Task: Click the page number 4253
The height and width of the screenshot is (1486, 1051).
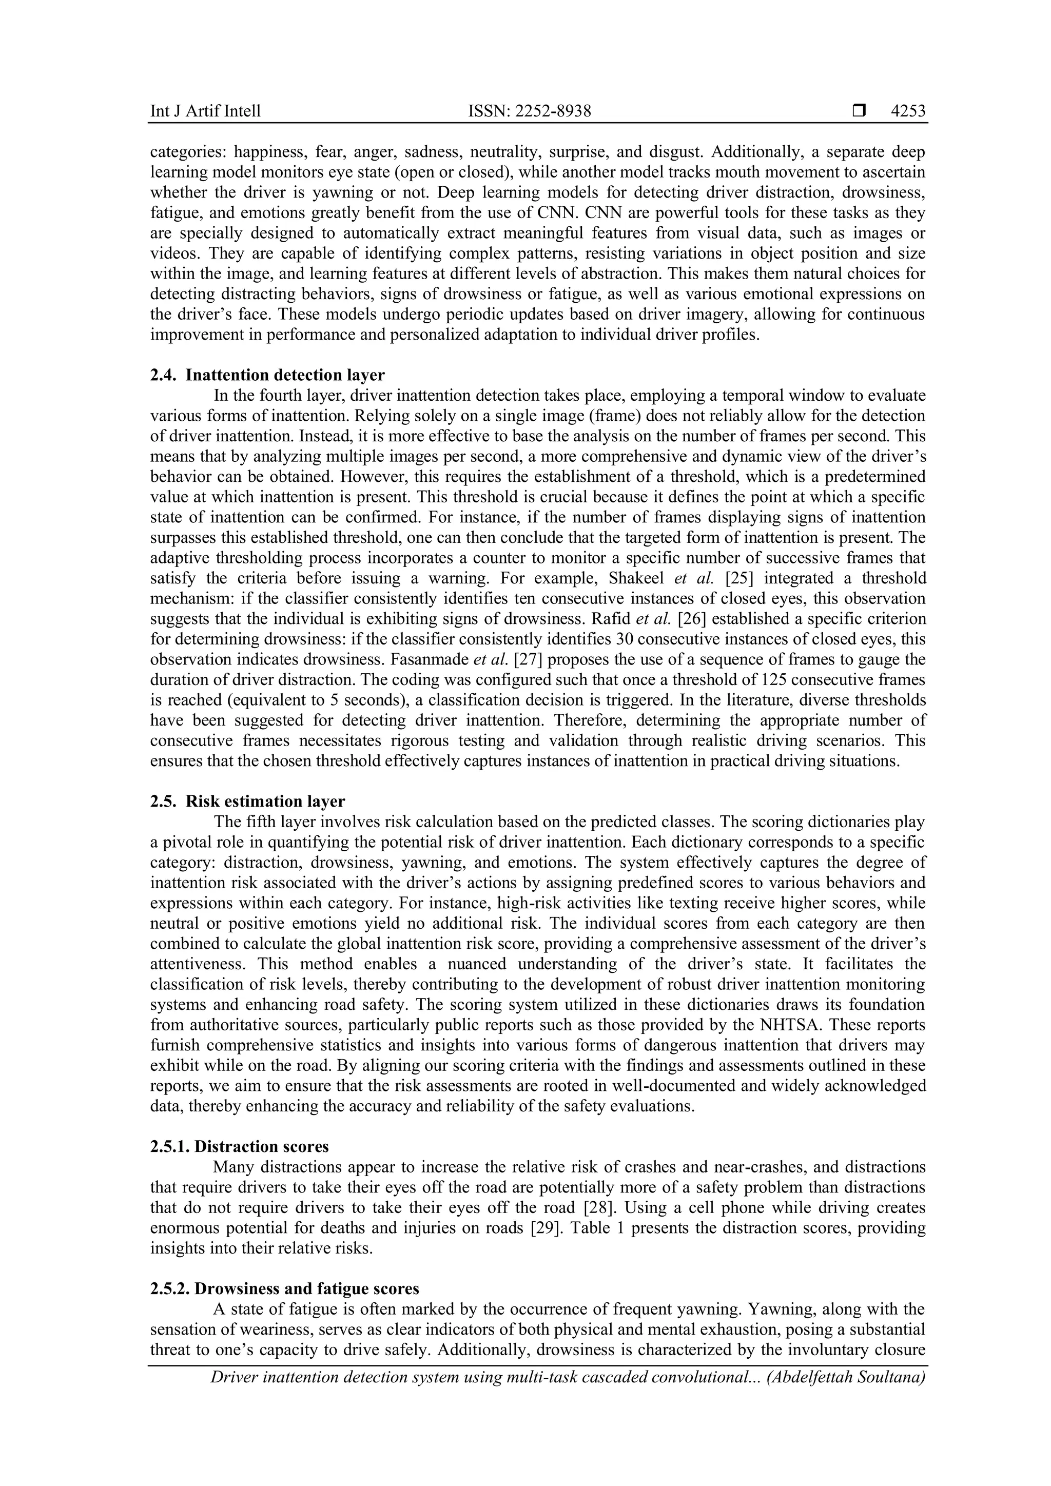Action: point(908,111)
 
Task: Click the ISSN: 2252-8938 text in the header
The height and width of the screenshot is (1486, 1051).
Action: point(530,111)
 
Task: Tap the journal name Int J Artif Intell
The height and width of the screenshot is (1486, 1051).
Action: point(205,111)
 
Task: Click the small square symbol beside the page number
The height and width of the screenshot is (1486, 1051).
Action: point(859,111)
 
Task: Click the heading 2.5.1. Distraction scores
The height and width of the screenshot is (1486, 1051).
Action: point(240,1146)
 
